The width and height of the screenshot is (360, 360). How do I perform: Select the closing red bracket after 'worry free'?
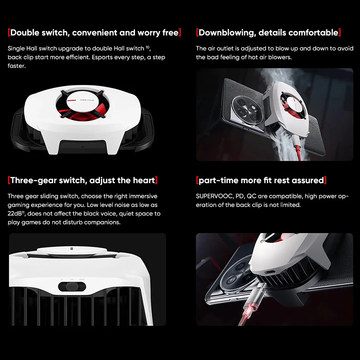[x=180, y=32]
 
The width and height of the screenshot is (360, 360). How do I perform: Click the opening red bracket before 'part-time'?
[x=198, y=180]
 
